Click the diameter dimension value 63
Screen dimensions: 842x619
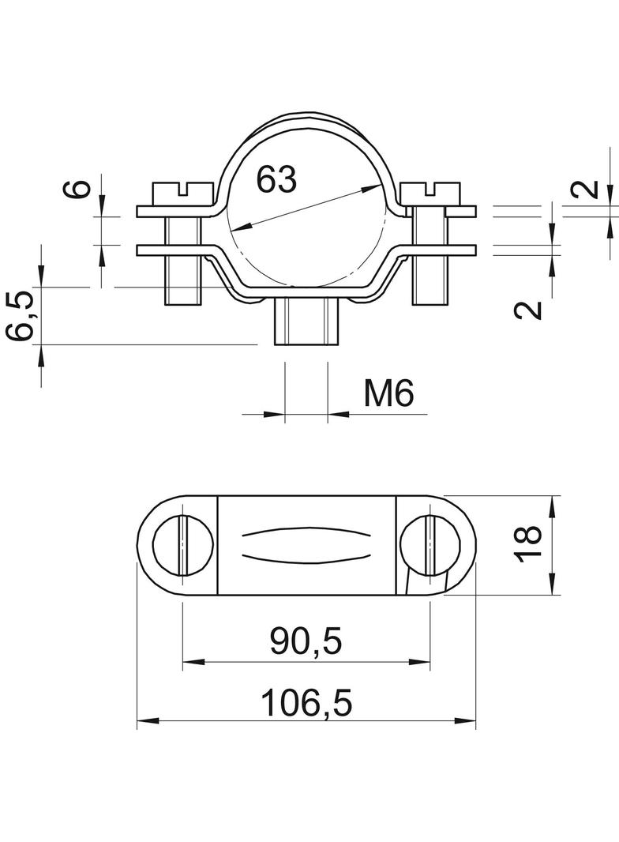(x=276, y=180)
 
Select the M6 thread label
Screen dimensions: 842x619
(x=388, y=393)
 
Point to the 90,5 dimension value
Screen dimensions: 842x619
(x=306, y=641)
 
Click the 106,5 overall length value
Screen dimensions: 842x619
(x=306, y=701)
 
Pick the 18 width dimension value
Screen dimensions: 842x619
(x=530, y=544)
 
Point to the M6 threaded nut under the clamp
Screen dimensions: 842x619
(x=306, y=322)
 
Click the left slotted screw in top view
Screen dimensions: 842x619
(x=183, y=544)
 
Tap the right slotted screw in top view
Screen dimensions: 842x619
(x=430, y=544)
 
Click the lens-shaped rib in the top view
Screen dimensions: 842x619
(x=306, y=544)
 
